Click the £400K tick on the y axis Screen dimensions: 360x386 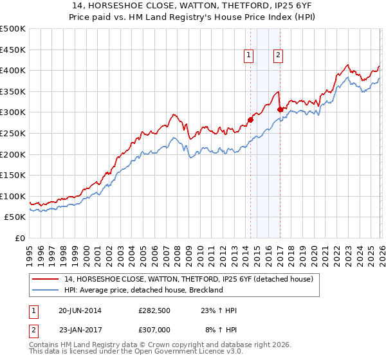click(x=13, y=71)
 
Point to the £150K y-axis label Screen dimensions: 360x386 click(x=13, y=175)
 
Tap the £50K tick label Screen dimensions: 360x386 click(x=15, y=217)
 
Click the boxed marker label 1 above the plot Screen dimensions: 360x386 click(x=249, y=56)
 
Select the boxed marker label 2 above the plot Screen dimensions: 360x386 click(x=278, y=56)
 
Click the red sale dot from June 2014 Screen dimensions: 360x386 click(x=250, y=119)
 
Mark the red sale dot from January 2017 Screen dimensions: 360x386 click(x=280, y=109)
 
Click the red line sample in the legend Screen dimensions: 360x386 click(x=45, y=279)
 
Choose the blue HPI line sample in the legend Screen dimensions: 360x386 click(x=45, y=290)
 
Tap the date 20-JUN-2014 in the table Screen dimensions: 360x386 click(x=80, y=310)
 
